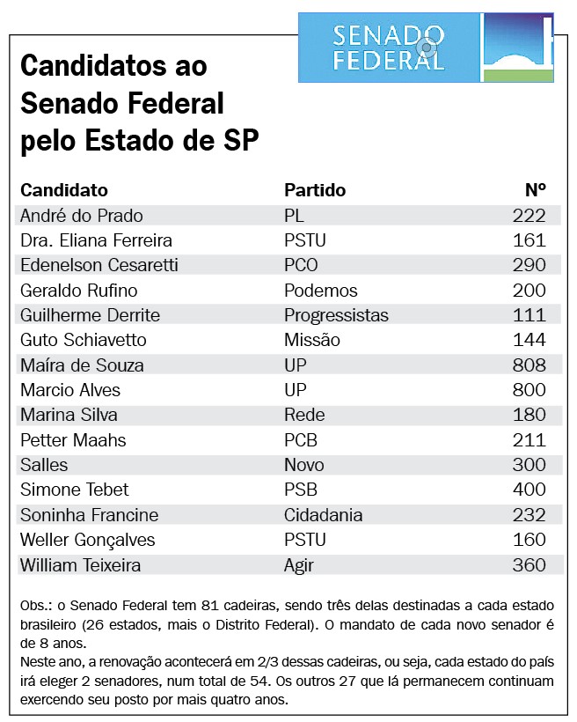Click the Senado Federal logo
426,48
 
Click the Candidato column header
64,190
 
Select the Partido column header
315,190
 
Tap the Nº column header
536,189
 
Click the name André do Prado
82,216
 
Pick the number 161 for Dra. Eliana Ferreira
530,240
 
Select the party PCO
301,265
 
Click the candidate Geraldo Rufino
78,291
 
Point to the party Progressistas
336,315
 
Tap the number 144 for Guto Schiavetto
530,340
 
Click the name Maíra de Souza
82,365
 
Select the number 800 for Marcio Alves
530,390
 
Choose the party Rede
304,415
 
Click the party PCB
301,440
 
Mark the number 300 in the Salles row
530,465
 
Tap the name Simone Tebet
75,490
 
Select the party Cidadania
323,515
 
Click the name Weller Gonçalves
87,540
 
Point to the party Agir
299,565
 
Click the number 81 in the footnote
208,606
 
